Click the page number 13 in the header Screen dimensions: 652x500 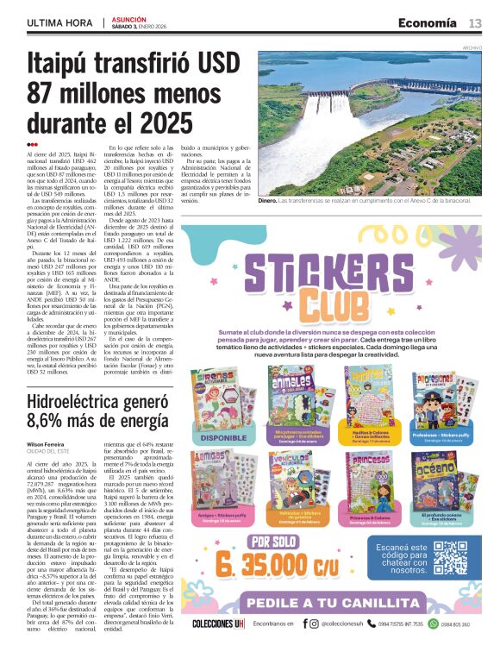[474, 22]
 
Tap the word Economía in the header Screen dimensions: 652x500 [427, 22]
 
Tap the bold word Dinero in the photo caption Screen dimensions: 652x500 [269, 200]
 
